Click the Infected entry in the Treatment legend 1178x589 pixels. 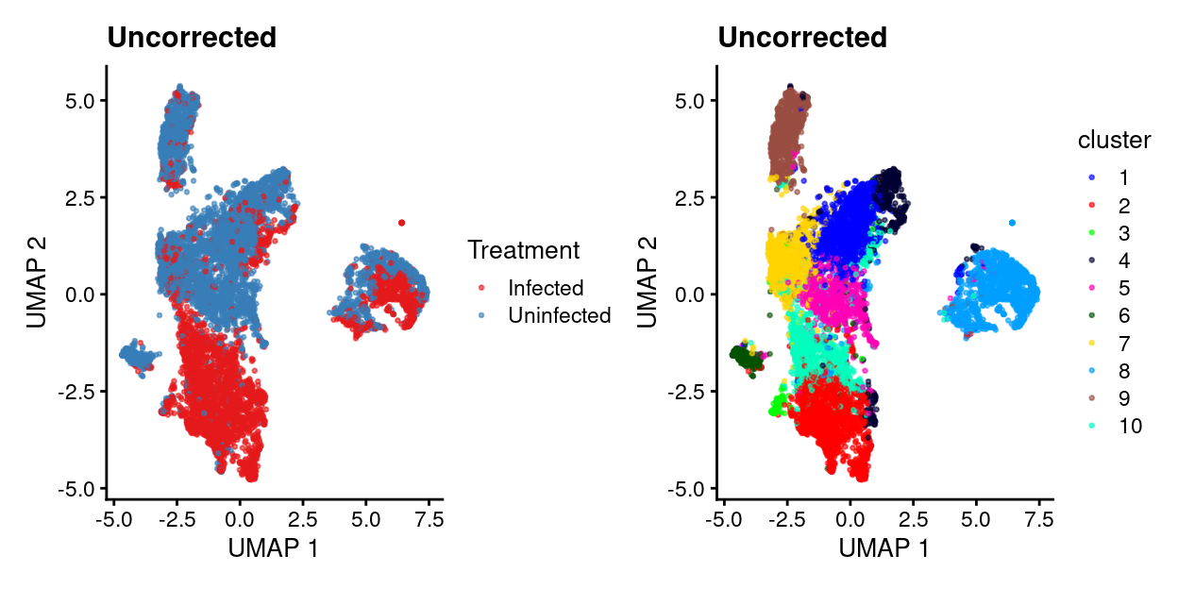(x=545, y=288)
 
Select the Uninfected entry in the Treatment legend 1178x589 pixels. (x=558, y=315)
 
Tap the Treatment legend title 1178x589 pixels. (x=523, y=250)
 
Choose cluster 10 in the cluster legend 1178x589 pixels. (x=1129, y=426)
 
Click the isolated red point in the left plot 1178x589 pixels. (x=401, y=223)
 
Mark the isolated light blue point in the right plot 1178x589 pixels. (x=1012, y=223)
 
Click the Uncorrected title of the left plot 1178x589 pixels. (x=192, y=38)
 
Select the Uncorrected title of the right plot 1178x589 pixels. (x=802, y=38)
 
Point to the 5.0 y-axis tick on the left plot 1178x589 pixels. (x=80, y=100)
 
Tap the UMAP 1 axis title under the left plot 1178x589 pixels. (x=273, y=548)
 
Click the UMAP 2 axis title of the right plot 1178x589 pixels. (x=648, y=282)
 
